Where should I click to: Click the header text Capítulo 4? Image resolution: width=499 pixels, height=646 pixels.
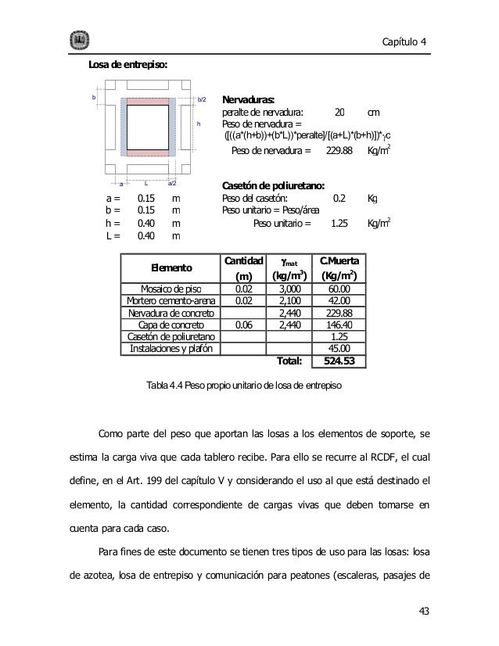click(406, 41)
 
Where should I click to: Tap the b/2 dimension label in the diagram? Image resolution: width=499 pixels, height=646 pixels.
click(202, 99)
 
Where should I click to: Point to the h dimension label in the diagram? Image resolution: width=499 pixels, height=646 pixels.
click(198, 124)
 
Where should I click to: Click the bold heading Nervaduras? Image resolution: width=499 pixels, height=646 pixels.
click(249, 100)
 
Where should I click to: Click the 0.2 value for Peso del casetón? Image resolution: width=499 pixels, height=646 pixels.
click(340, 198)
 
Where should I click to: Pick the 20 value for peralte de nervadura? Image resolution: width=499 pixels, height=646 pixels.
click(339, 113)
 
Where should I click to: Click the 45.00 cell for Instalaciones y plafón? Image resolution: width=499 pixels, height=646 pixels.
click(339, 348)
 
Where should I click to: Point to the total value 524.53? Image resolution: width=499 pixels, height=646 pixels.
click(339, 361)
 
